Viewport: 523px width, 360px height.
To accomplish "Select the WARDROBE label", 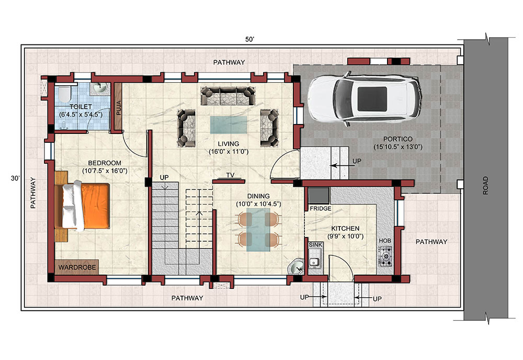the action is click(77, 267).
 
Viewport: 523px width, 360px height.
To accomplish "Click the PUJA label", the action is click(118, 108).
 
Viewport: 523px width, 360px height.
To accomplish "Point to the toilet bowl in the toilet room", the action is click(63, 94).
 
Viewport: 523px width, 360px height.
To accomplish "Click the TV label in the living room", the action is click(230, 175).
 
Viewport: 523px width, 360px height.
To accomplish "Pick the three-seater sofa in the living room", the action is click(228, 96).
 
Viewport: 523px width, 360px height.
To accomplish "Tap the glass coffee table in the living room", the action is click(229, 125).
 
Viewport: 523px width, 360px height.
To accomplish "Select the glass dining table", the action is click(258, 230).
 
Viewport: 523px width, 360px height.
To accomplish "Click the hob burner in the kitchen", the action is click(386, 256).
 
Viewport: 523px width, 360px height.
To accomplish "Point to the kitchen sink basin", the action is click(313, 262).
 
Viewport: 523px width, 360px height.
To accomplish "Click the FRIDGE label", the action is click(320, 209).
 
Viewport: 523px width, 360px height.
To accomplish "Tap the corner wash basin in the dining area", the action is click(295, 266).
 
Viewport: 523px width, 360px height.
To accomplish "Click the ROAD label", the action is click(485, 186).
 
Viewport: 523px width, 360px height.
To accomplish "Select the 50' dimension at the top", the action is click(250, 39).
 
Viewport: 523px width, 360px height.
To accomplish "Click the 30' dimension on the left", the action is click(15, 178).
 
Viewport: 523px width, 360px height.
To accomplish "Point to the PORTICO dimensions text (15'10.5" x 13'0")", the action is click(398, 147).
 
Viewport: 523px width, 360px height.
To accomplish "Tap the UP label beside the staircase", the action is click(164, 177).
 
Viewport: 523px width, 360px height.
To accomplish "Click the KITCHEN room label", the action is click(345, 229).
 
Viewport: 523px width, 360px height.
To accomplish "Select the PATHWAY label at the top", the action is click(229, 62).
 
